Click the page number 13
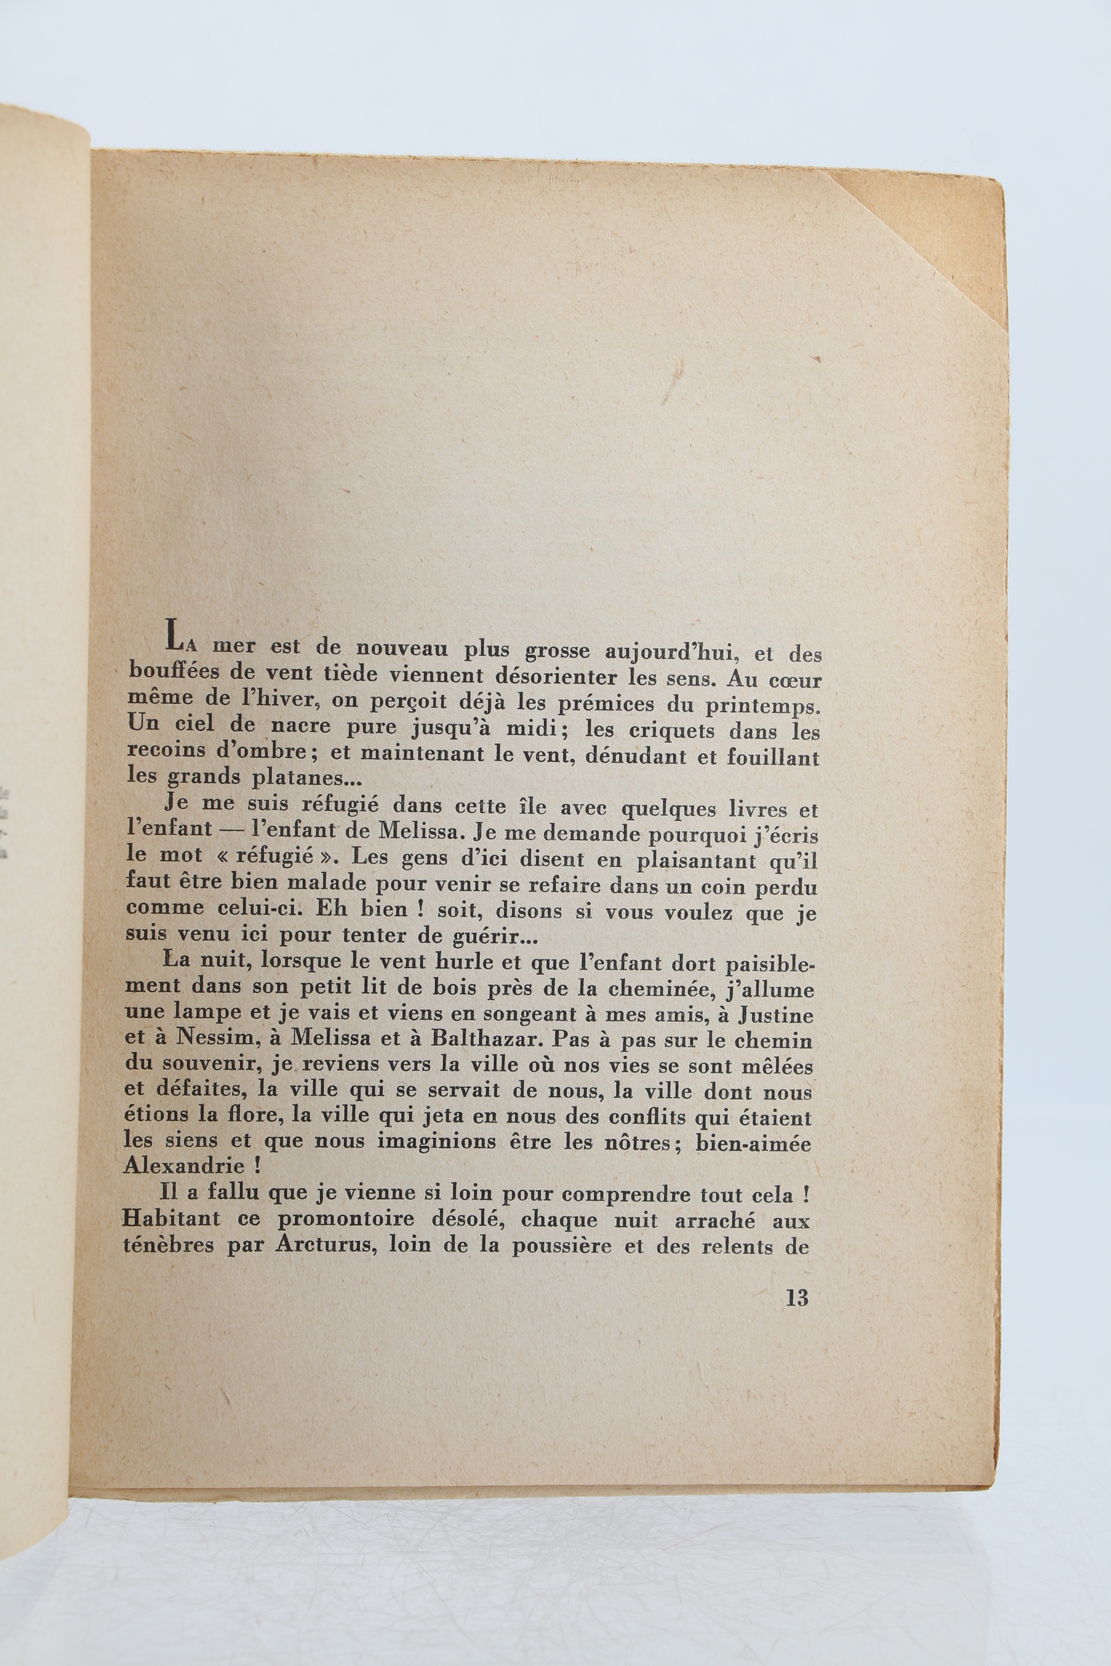point(797,1298)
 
